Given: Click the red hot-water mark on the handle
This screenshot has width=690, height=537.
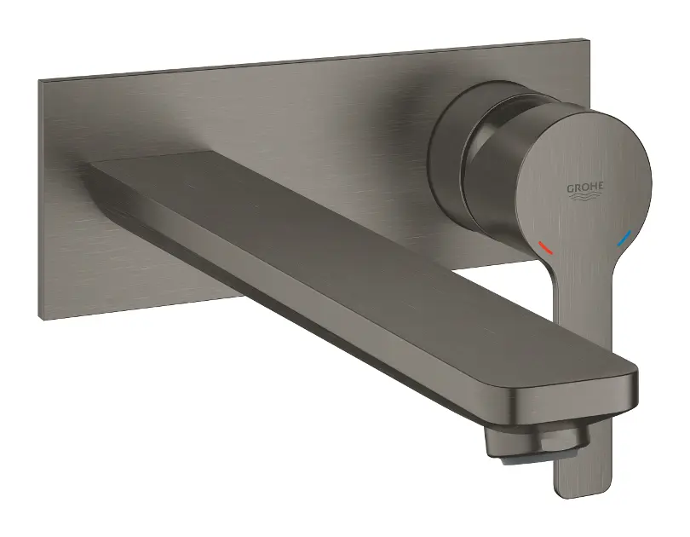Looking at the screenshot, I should (x=546, y=249).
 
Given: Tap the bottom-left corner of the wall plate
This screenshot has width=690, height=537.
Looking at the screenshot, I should (x=40, y=317).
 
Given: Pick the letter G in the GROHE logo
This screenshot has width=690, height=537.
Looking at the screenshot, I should (x=569, y=188).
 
